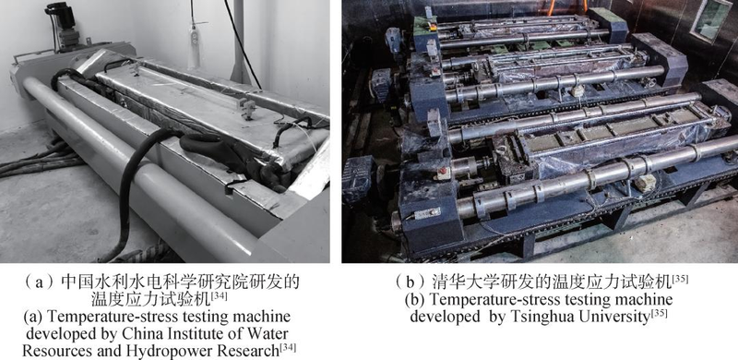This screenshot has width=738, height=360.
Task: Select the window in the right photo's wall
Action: point(712,18)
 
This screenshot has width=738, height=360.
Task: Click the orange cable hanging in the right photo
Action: point(566,7)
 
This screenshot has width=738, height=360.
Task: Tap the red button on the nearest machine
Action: point(442,171)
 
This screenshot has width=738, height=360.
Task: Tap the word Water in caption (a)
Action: point(269,334)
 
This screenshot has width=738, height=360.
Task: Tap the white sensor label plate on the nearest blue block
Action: point(427,213)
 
